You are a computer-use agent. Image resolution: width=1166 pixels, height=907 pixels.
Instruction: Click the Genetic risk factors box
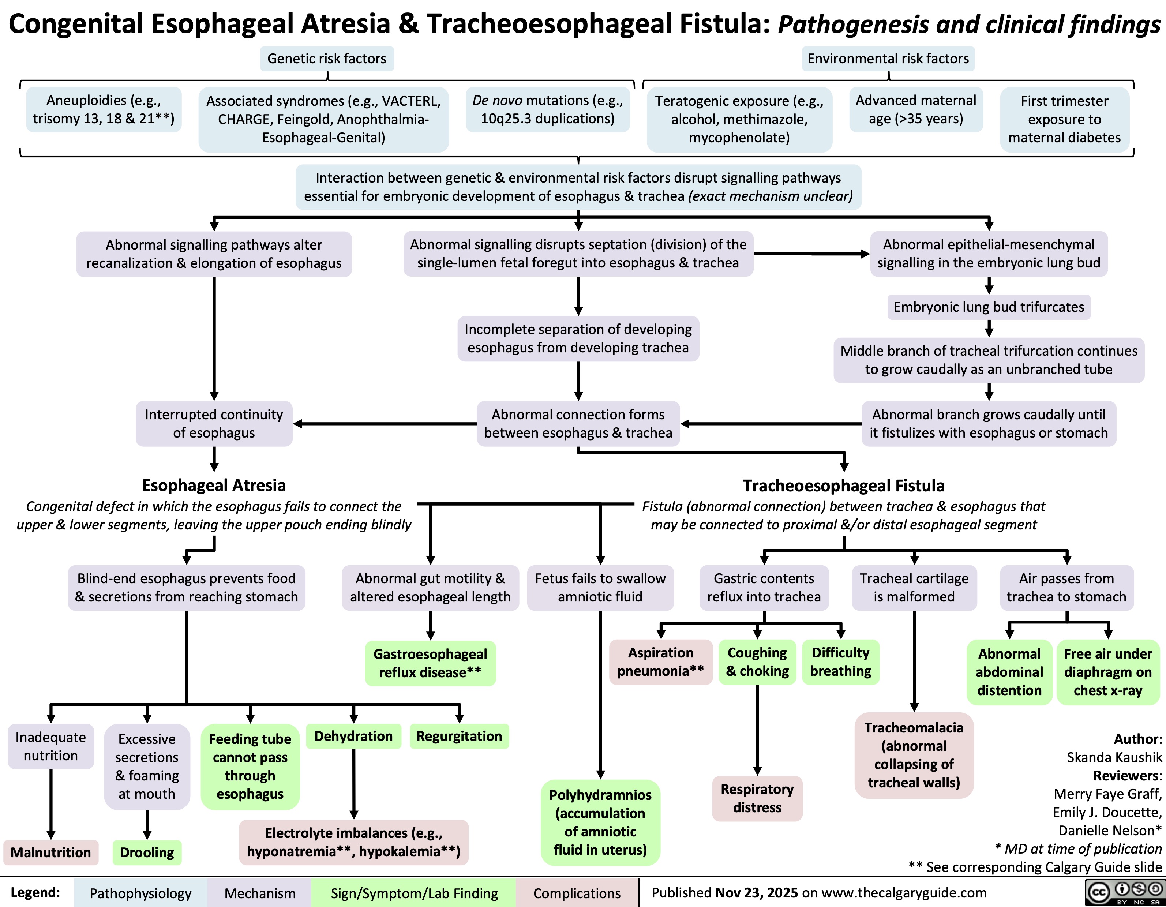coord(327,59)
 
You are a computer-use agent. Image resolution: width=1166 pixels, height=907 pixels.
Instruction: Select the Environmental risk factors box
coord(888,59)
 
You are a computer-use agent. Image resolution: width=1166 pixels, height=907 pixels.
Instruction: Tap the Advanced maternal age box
coord(916,109)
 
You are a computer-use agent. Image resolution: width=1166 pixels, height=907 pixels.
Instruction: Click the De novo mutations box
coord(547,109)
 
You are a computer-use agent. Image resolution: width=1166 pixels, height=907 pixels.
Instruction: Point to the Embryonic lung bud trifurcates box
coord(989,307)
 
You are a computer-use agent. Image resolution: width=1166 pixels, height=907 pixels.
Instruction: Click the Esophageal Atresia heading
coord(214,485)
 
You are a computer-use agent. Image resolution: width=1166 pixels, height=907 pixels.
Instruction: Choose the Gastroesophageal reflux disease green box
coord(430,663)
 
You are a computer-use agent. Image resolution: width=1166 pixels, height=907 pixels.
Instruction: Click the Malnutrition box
coord(51,852)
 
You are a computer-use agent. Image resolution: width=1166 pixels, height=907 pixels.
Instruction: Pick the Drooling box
coord(147,852)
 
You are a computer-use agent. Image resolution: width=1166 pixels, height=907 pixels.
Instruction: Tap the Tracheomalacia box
coord(914,755)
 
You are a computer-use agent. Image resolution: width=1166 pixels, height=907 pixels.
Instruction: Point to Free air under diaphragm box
coord(1108,672)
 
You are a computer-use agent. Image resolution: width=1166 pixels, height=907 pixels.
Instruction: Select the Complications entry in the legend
coord(577,894)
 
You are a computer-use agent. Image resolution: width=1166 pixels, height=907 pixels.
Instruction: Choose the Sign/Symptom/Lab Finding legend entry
coord(414,894)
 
